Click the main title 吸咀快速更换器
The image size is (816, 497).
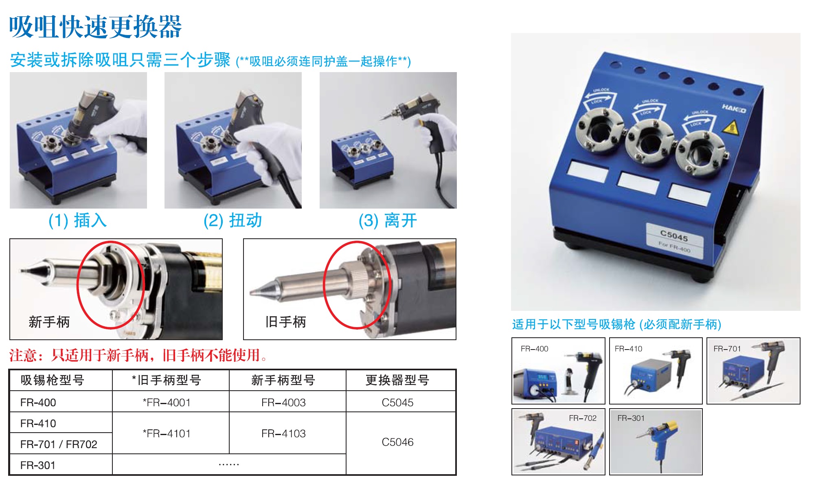coord(95,27)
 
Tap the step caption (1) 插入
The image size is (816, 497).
coord(78,220)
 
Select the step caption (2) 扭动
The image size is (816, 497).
coord(233,220)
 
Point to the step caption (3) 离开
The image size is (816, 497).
coord(388,220)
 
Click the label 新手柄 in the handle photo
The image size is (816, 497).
coord(49,322)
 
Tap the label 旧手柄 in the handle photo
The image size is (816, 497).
coord(285,322)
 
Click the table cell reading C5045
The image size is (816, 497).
coord(397,402)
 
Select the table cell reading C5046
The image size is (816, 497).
coord(397,442)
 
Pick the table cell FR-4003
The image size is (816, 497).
coord(283,402)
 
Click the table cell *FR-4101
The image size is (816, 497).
coord(167,433)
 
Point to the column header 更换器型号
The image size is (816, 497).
coord(397,380)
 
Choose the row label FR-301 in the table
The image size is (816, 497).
coord(38,465)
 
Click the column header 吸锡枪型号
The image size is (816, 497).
coord(53,380)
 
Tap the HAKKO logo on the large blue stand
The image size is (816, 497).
coord(734,108)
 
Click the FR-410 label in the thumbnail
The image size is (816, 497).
coord(628,349)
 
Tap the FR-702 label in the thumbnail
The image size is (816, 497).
coord(583,418)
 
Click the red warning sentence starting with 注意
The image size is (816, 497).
coord(138,355)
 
